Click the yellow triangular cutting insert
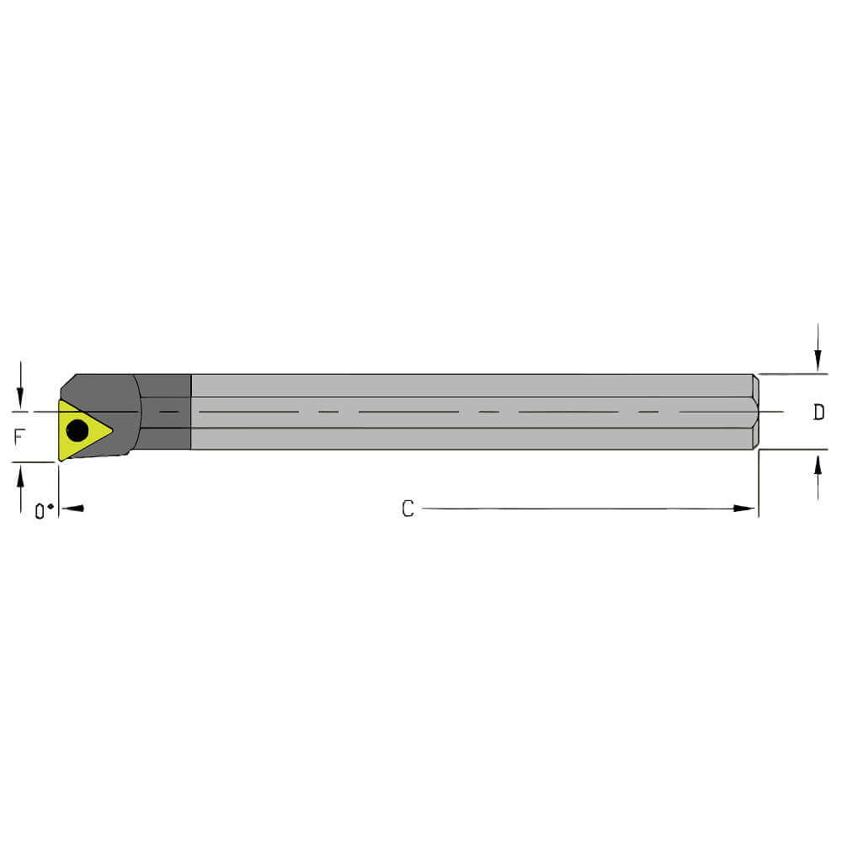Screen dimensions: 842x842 click(82, 430)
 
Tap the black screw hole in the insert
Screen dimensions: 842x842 click(77, 431)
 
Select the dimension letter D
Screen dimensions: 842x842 click(818, 413)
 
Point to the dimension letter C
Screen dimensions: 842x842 click(408, 509)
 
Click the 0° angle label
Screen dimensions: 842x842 click(44, 511)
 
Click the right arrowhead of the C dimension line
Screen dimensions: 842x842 click(744, 509)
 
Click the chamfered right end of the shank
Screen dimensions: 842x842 click(755, 412)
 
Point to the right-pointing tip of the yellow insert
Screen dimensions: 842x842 click(110, 431)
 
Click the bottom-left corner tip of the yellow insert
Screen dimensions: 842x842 click(60, 458)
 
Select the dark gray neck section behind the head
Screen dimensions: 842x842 click(165, 412)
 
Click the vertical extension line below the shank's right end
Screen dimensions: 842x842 click(759, 484)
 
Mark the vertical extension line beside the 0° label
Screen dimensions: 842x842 click(58, 488)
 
